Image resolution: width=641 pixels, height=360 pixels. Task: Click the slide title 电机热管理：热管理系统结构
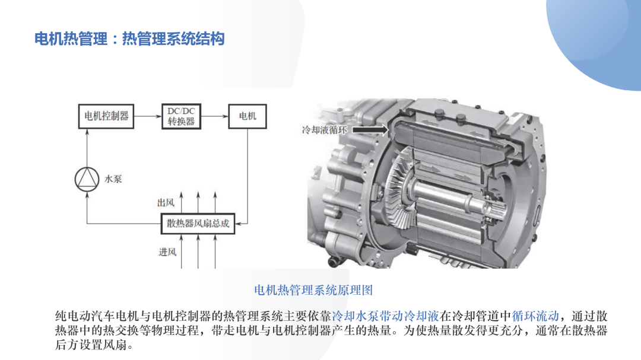click(129, 39)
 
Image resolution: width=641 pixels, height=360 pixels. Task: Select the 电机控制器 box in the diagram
click(106, 116)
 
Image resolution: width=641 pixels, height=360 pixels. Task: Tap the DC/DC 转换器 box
click(181, 116)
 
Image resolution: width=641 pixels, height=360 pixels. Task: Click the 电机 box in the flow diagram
click(247, 116)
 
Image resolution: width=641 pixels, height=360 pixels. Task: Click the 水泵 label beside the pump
click(113, 179)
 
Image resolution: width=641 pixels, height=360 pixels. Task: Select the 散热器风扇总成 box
click(198, 224)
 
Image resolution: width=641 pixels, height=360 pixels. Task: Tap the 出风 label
click(166, 203)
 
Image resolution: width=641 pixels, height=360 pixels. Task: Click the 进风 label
click(167, 252)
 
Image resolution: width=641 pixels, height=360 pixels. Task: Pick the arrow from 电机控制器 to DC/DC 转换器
click(148, 116)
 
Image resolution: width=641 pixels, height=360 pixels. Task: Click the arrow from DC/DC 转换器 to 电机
click(215, 116)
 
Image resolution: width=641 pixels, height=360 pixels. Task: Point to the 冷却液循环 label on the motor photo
click(324, 130)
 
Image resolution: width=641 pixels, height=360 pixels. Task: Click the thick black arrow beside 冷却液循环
click(370, 130)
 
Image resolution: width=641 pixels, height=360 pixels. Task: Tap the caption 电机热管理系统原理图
click(313, 290)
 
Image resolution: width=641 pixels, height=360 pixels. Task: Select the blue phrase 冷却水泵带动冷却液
click(386, 316)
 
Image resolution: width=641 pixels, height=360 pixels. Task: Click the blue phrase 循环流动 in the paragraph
click(535, 316)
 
